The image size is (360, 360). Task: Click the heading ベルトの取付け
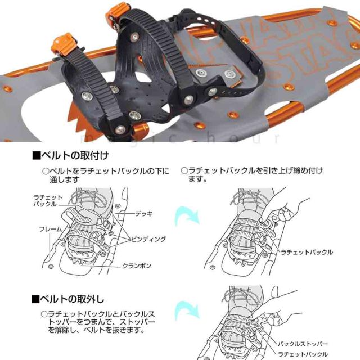[x=70, y=155]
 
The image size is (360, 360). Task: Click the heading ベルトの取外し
[x=67, y=299]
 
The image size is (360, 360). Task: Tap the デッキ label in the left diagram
[x=144, y=214]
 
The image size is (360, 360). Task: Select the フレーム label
[x=50, y=229]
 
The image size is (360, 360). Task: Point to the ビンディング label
[x=148, y=239]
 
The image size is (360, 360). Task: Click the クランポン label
[x=137, y=265]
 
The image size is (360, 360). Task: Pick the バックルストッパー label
[x=303, y=344]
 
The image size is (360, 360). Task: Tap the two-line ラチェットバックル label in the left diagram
[x=48, y=201]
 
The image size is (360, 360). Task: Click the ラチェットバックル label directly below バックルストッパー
[x=303, y=354]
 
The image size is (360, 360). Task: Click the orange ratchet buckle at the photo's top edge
[x=117, y=13]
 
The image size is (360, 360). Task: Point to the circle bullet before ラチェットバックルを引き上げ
[x=184, y=170]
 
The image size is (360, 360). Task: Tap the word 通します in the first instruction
[x=65, y=179]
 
